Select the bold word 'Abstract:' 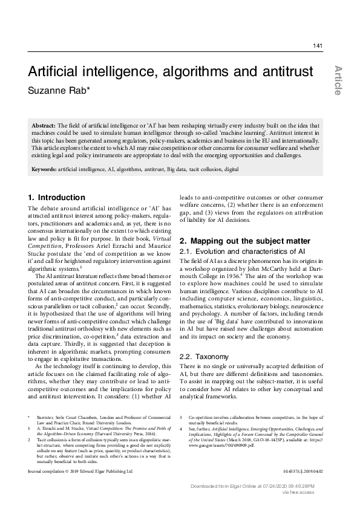click(44, 124)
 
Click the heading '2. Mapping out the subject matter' click(237, 241)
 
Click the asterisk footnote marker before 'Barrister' click(29, 417)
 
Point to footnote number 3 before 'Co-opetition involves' click(182, 417)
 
